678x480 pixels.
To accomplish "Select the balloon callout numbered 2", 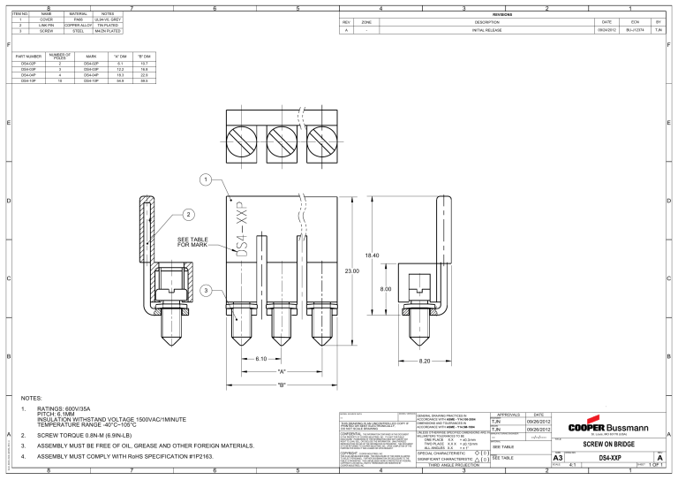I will [187, 214].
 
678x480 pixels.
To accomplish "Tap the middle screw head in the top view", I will [281, 139].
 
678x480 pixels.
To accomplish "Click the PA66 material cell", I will [78, 16].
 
